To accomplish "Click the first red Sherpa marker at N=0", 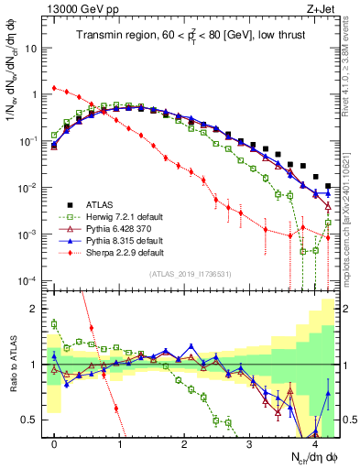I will (54, 88).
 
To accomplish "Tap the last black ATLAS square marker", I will (328, 186).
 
